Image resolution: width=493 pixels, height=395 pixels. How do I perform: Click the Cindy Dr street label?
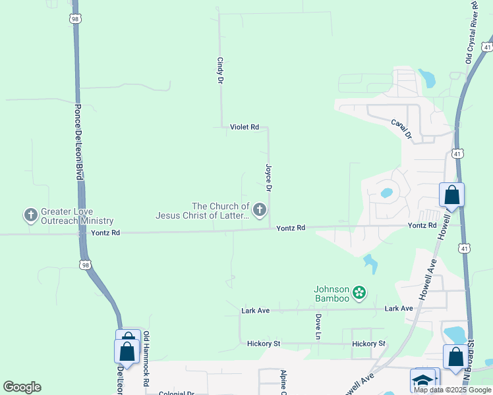coord(220,70)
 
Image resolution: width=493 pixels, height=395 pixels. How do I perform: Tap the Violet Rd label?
coord(245,127)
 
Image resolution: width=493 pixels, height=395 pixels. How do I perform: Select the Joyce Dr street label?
coord(268,178)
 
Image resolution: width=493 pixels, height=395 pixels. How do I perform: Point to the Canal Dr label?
coord(401,128)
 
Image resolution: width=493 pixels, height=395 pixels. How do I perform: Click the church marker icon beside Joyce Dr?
coord(260,211)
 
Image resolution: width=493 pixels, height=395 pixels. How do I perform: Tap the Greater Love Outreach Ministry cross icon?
coord(30,215)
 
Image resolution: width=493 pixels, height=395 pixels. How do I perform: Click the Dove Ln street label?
coord(318,327)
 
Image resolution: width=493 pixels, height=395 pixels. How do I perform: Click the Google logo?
coord(22,387)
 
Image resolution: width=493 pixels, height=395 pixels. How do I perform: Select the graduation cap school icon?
coord(422,381)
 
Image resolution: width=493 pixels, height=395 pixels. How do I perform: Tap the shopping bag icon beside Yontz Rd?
coord(451,196)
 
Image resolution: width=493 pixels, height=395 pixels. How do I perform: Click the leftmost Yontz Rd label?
coord(105,233)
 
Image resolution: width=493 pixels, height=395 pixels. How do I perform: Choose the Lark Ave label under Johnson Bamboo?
coord(399,308)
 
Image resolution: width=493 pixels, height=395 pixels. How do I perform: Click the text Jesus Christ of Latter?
coord(202,215)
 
